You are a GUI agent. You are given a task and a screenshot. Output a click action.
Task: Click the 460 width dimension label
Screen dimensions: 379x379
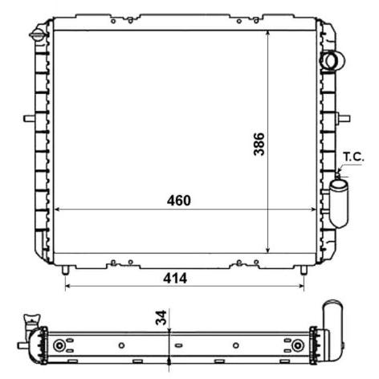[x=179, y=200]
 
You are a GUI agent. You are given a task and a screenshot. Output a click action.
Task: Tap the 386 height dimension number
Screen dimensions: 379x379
[x=259, y=144]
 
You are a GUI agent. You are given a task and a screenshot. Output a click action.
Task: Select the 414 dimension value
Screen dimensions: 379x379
[x=175, y=279]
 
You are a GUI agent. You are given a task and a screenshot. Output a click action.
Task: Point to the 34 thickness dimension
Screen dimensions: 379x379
[x=161, y=318]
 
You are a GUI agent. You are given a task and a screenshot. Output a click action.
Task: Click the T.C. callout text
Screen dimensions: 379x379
[x=353, y=157]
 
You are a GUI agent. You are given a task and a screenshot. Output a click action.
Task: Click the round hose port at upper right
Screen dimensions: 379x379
[x=332, y=61]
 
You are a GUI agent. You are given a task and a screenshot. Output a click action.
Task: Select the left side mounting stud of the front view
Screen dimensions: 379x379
[x=29, y=118]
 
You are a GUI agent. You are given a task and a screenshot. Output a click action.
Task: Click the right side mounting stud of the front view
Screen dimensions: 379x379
[x=344, y=118]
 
